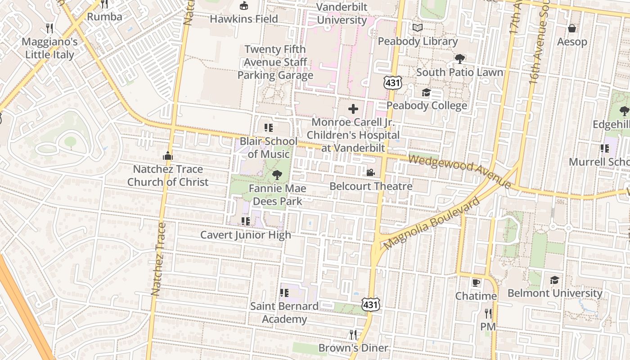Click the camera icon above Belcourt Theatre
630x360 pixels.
370,172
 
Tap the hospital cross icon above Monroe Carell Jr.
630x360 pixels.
353,108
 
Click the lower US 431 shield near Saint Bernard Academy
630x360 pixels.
370,305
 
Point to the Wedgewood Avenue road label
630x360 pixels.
460,171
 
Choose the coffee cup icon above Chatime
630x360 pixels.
476,283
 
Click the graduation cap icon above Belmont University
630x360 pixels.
554,280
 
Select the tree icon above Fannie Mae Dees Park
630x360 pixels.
277,175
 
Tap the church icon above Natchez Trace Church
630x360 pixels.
167,156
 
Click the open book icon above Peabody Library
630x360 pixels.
418,28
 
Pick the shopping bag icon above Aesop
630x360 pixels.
572,28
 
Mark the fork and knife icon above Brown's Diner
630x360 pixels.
353,334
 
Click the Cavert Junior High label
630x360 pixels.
246,235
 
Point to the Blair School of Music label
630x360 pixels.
268,148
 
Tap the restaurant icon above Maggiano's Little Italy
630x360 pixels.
49,28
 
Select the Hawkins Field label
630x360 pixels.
244,19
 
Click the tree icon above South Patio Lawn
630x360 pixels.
459,58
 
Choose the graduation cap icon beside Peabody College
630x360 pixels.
426,93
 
